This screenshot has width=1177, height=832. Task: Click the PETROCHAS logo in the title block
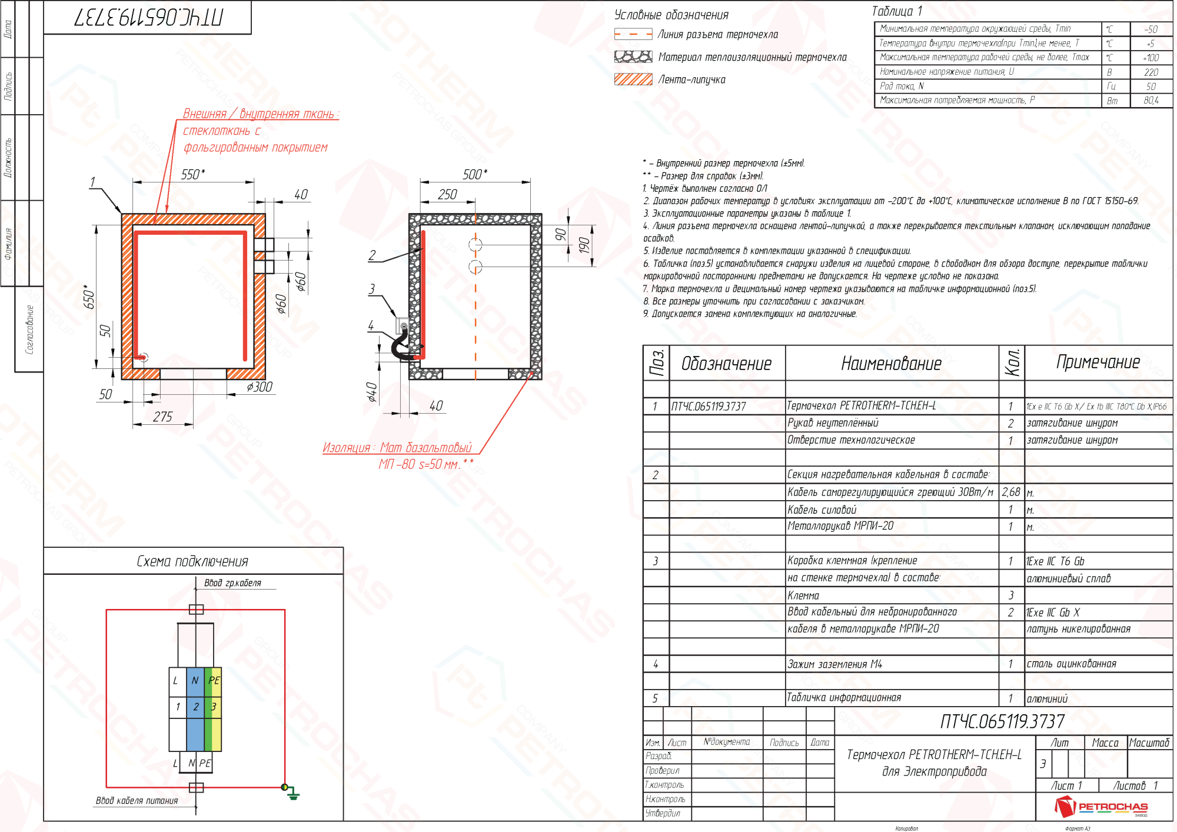(x=1101, y=807)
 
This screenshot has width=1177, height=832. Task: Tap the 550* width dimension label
(x=193, y=174)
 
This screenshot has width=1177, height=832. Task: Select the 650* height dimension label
(x=89, y=297)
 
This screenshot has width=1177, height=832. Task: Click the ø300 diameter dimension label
(x=260, y=387)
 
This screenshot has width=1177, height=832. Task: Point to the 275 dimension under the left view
(x=162, y=417)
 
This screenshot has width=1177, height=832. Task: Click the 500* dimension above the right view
(x=475, y=174)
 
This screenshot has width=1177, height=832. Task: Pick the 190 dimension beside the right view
(x=583, y=245)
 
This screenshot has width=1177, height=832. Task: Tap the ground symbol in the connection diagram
(x=292, y=795)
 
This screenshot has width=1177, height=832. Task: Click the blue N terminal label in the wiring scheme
(x=195, y=680)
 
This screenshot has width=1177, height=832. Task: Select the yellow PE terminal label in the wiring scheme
(x=214, y=680)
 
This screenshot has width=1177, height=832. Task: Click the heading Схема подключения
(x=192, y=561)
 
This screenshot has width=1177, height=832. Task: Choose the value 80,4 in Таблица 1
(x=1151, y=101)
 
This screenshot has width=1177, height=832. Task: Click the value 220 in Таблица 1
(x=1151, y=72)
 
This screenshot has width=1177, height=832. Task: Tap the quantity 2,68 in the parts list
(x=1011, y=492)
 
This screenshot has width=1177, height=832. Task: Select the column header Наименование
(x=891, y=364)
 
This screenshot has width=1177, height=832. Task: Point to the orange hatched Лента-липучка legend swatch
(x=633, y=79)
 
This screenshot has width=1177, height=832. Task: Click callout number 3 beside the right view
(x=371, y=289)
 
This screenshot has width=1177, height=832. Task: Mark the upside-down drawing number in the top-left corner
(x=148, y=18)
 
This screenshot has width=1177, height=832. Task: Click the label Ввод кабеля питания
(x=137, y=801)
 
